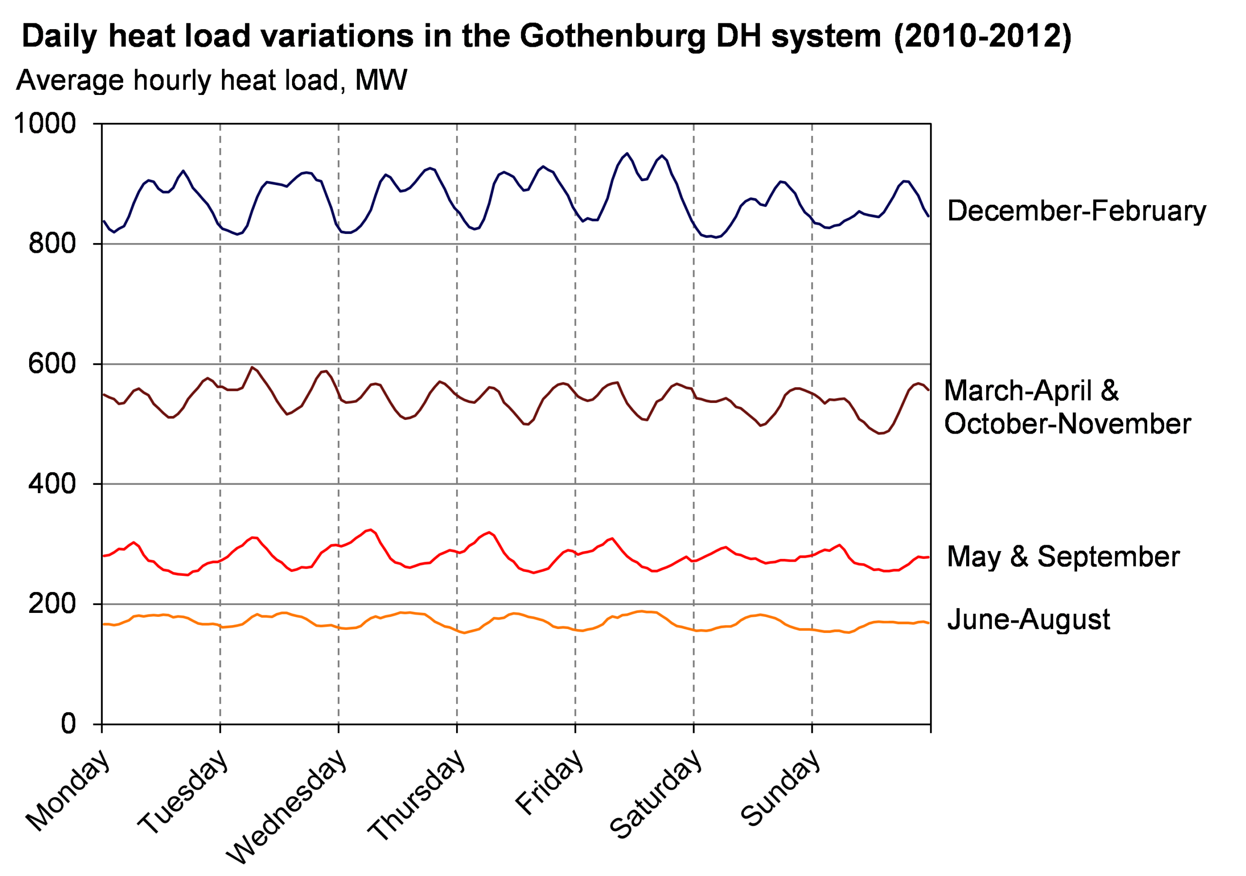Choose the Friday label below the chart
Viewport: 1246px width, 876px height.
coord(549,782)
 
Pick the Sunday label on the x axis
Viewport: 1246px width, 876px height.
coord(780,787)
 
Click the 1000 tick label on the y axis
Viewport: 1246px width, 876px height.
coord(44,124)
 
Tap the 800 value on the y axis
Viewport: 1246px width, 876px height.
coord(52,243)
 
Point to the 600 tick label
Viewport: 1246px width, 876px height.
coord(52,363)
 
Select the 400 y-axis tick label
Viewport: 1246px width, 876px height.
coord(52,483)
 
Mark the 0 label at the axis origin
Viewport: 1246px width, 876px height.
coord(68,724)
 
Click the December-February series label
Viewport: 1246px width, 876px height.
coord(1077,211)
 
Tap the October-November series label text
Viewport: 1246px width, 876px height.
coord(1067,423)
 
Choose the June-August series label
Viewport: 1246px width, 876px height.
coord(1028,619)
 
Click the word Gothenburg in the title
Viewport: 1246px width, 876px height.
coord(612,36)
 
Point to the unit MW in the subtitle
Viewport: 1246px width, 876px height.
coord(381,80)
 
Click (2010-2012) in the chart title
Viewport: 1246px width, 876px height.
coord(983,36)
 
